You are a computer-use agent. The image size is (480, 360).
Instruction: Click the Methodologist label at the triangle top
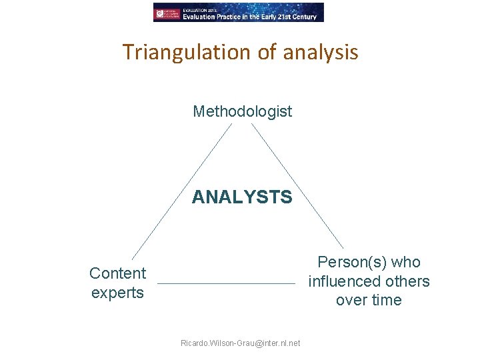242,111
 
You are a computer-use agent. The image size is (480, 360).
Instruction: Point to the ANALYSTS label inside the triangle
242,197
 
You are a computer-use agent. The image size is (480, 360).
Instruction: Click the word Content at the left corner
117,273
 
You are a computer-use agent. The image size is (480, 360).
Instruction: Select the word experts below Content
117,293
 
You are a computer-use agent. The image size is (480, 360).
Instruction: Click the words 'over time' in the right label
369,300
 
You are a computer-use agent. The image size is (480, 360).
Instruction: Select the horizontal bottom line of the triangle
226,284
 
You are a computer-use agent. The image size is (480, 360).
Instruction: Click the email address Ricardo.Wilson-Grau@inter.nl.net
240,343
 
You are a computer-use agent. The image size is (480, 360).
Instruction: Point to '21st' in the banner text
283,17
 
